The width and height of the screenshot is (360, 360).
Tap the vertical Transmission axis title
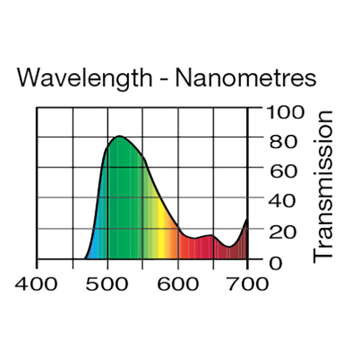[323, 185]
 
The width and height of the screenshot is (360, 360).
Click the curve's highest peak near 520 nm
[119, 137]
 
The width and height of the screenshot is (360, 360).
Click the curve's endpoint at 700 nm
[247, 220]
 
